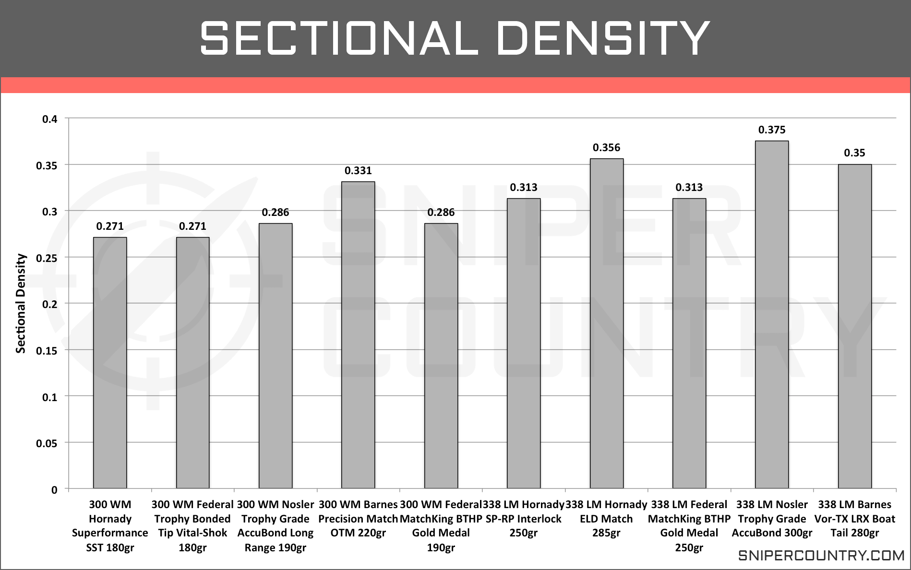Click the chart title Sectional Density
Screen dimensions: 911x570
pos(455,38)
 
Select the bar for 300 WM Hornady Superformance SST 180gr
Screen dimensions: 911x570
pos(110,363)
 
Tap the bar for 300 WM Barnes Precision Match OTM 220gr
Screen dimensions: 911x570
pos(358,335)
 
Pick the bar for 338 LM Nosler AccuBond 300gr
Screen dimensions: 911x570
pos(772,315)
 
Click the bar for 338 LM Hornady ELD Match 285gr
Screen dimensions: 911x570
pos(606,324)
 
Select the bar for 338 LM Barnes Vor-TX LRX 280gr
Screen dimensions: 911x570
pos(854,327)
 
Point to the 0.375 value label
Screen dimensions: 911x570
pos(772,130)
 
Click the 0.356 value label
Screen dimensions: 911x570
pos(606,147)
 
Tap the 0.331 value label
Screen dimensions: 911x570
pos(358,170)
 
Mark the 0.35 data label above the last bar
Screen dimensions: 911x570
pos(854,153)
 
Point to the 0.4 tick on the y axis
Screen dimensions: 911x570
pos(50,119)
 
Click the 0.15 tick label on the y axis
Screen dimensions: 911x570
pos(47,351)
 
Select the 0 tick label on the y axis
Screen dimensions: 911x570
pos(54,490)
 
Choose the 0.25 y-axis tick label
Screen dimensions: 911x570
pos(47,258)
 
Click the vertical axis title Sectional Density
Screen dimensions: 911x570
pos(21,304)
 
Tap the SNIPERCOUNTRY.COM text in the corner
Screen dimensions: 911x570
pos(821,556)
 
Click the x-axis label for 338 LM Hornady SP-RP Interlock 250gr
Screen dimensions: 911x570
pos(524,519)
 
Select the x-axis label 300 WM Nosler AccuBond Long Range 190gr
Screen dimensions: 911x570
pos(276,526)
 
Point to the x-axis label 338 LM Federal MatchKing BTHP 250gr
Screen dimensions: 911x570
pos(689,526)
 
